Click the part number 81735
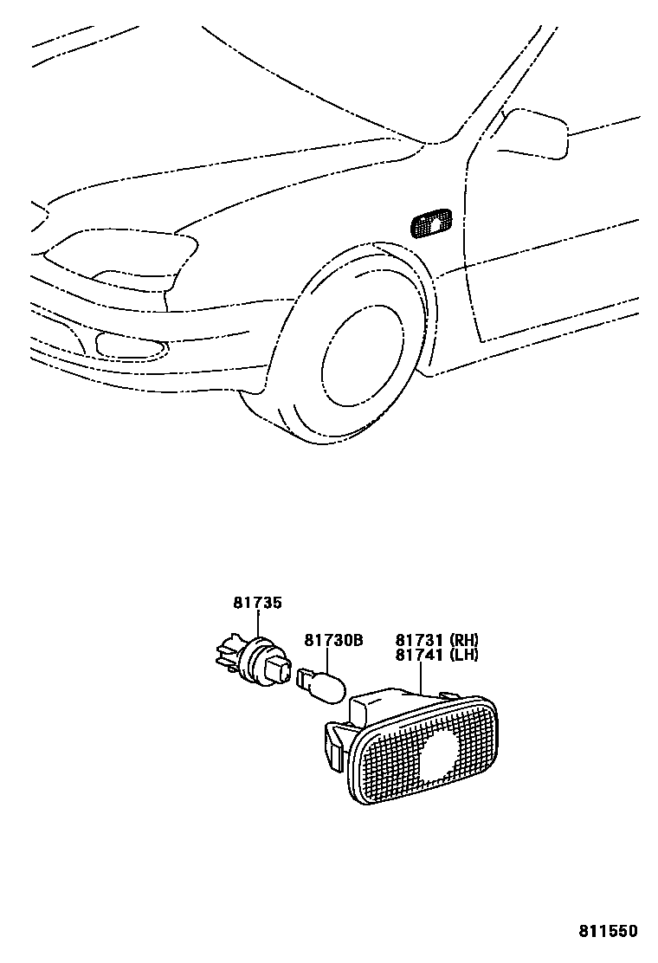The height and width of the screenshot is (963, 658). [x=256, y=603]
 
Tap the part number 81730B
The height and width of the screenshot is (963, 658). [x=332, y=640]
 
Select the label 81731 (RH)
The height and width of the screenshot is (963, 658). [x=436, y=640]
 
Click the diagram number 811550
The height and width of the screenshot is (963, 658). [x=608, y=931]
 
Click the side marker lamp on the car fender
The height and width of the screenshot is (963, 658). [x=430, y=223]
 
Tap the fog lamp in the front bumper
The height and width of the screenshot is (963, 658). [x=130, y=348]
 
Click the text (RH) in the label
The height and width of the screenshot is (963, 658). [x=463, y=640]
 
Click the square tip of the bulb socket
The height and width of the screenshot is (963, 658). [x=280, y=669]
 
